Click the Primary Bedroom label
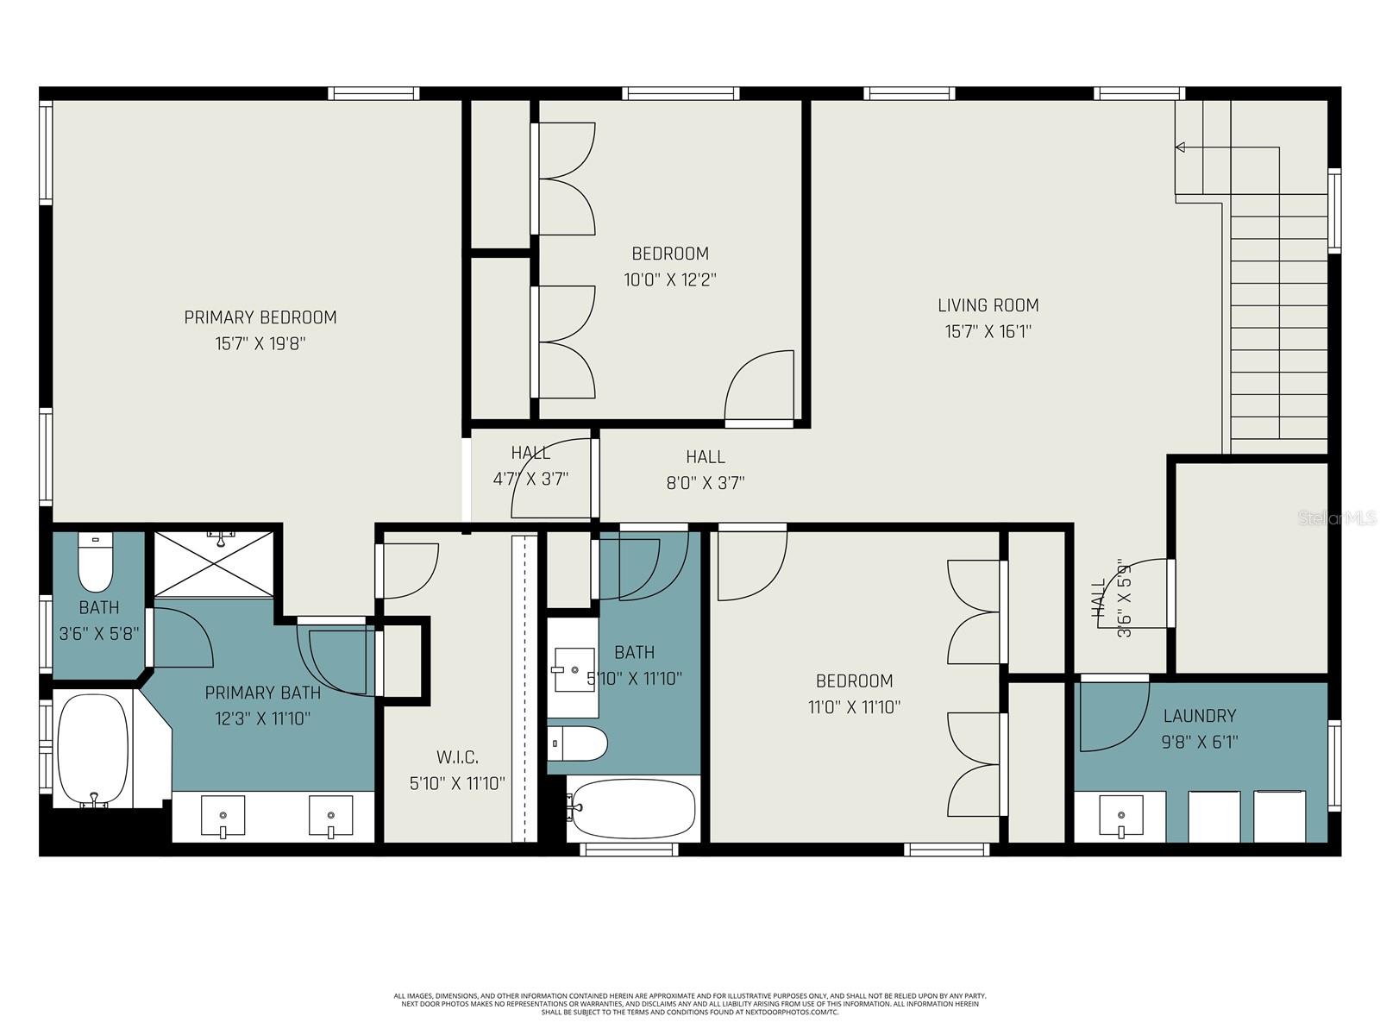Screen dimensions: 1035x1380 (260, 317)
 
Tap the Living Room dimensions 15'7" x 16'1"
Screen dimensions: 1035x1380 (988, 331)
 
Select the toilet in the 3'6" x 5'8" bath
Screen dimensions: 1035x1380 (95, 562)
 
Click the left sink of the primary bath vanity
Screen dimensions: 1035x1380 (223, 816)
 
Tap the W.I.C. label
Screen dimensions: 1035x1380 (457, 757)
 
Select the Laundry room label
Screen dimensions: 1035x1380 (1199, 716)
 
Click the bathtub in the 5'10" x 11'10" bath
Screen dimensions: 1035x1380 (633, 808)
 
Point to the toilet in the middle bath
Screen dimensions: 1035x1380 (578, 743)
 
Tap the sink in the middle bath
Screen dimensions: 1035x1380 (573, 671)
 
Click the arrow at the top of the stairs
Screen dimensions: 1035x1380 (1181, 147)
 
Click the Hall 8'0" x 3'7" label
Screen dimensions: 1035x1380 (705, 457)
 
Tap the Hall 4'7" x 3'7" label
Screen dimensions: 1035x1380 (530, 454)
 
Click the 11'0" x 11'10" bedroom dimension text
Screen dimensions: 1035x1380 (854, 707)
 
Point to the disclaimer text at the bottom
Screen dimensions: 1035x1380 (690, 1004)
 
